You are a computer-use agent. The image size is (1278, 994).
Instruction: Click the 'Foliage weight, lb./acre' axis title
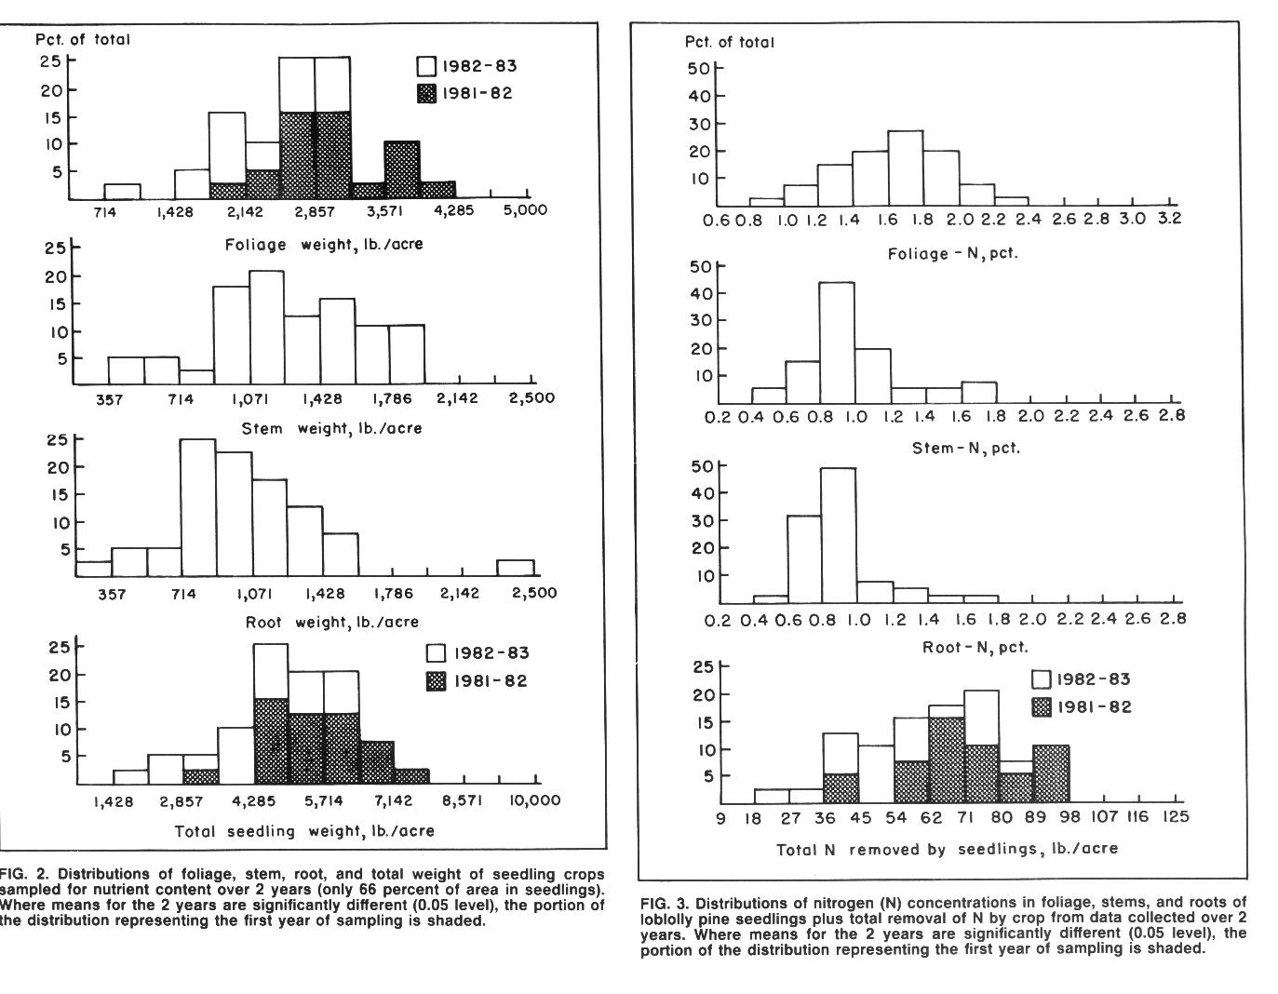(x=324, y=245)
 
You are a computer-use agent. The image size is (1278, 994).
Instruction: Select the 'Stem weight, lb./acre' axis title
(x=331, y=428)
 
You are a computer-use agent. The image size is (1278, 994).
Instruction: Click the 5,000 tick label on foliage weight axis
(x=525, y=210)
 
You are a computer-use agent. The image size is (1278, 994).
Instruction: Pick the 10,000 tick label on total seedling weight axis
(x=534, y=800)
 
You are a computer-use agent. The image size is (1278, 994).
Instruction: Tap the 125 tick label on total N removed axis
(x=1176, y=816)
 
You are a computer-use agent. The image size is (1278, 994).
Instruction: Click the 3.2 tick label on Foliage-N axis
(x=1169, y=219)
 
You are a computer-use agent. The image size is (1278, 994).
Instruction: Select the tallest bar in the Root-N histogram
(x=839, y=535)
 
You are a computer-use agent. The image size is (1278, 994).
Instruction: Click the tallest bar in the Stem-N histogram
(x=837, y=343)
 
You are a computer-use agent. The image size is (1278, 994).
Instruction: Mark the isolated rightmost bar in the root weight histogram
(x=515, y=568)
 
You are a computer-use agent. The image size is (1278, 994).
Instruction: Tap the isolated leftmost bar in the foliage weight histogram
(x=122, y=192)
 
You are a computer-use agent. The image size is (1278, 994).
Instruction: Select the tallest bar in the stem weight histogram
(x=266, y=328)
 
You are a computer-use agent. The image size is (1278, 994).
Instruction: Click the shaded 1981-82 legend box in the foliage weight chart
(x=426, y=93)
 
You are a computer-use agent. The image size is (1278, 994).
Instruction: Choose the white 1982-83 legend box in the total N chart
(x=1042, y=679)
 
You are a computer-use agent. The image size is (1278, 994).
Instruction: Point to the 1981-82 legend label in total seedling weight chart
(x=491, y=681)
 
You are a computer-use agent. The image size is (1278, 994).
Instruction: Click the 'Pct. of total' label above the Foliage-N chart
(x=729, y=42)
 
